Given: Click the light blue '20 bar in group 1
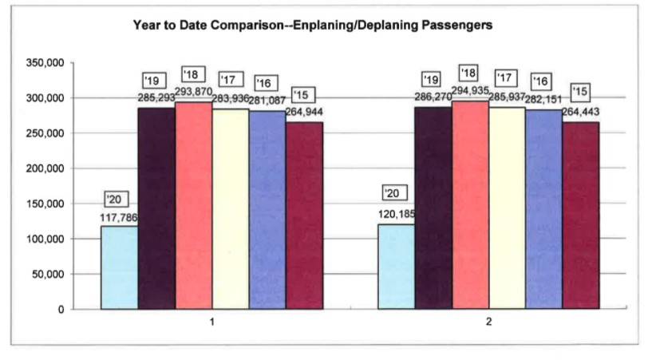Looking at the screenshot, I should click(119, 267).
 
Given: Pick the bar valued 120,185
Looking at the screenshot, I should click(397, 267).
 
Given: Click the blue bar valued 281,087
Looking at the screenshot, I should click(267, 209).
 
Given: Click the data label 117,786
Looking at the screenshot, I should click(121, 217).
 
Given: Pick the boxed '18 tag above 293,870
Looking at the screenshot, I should click(193, 74).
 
